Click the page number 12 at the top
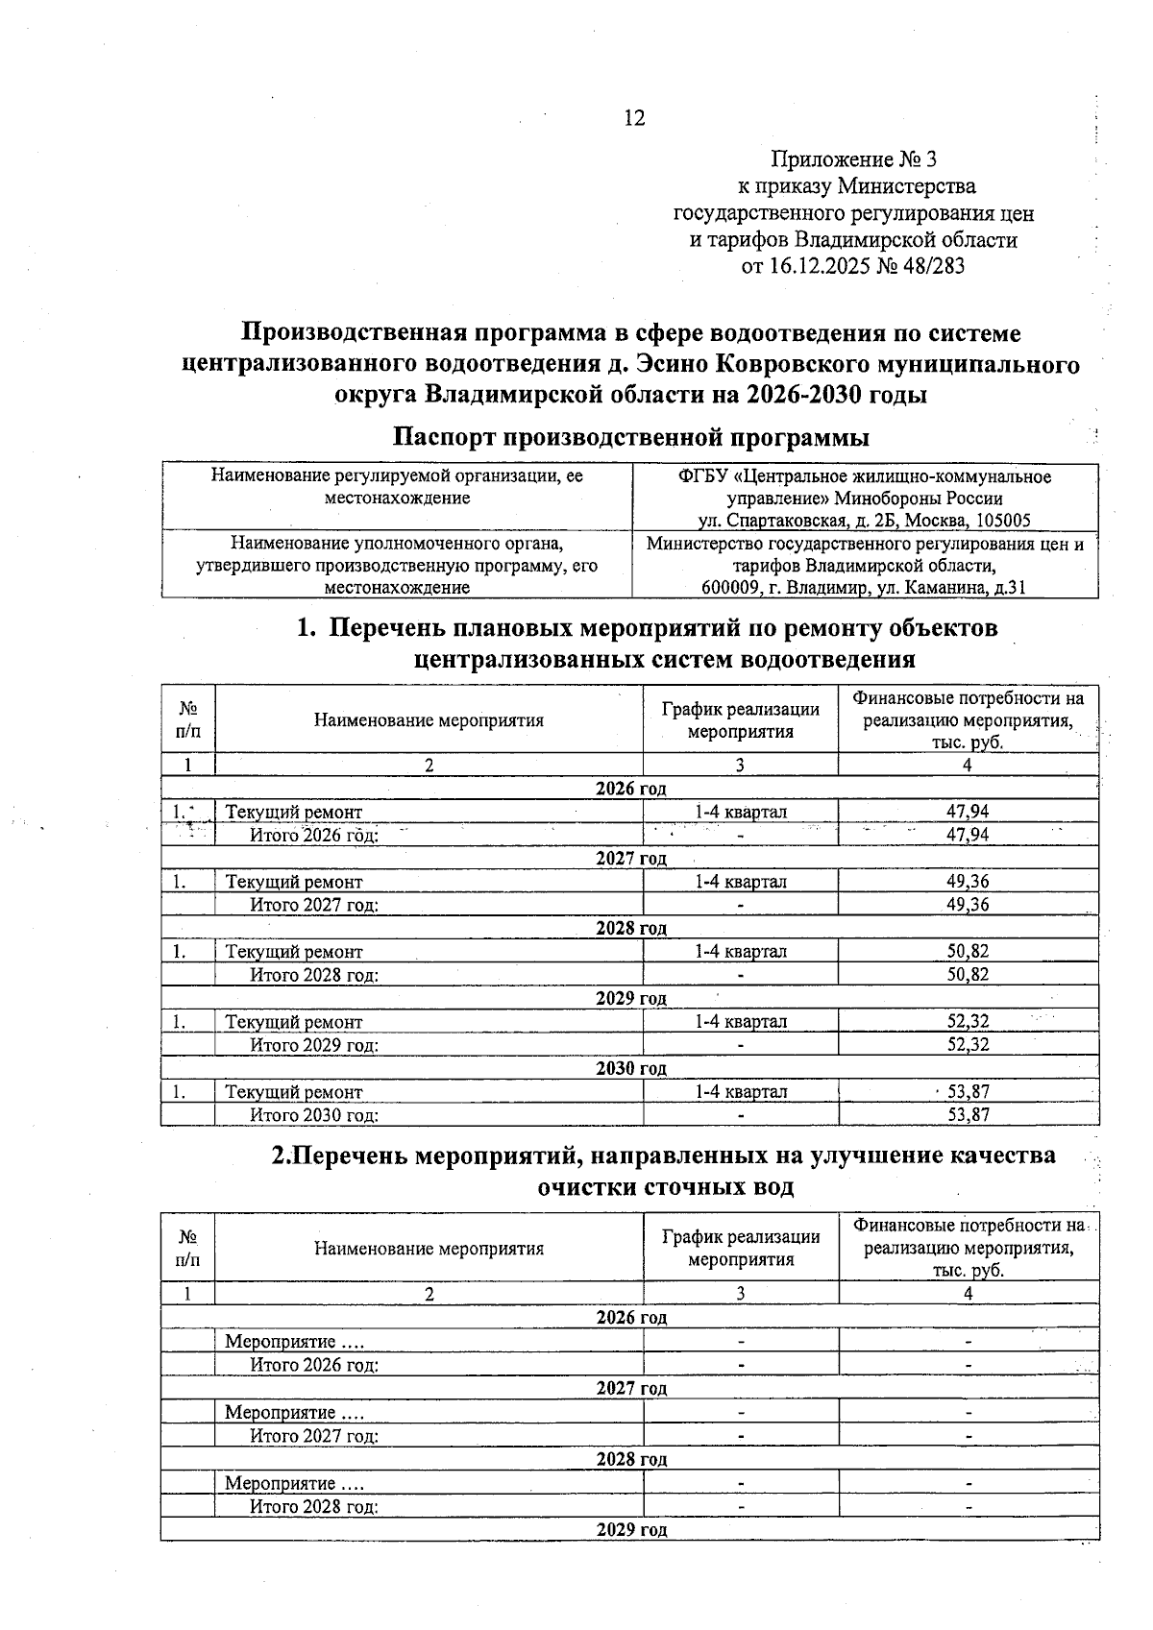634,118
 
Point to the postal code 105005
1002,521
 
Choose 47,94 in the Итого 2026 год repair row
968,835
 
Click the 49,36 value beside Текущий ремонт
968,882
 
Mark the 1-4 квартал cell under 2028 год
741,952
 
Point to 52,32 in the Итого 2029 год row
968,1044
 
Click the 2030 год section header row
630,1068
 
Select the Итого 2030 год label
314,1115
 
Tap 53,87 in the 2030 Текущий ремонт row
969,1092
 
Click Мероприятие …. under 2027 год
294,1413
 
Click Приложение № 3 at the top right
853,158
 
